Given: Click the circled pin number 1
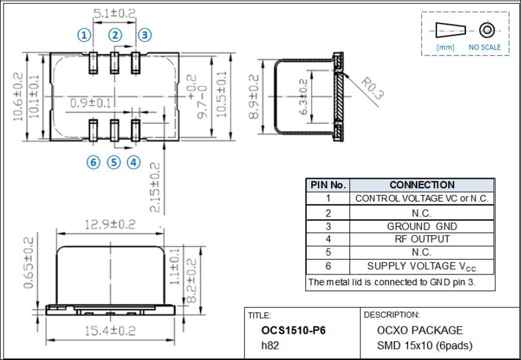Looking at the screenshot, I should pos(85,35).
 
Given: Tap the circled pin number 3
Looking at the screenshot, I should pos(145,35).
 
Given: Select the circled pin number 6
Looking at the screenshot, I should pos(93,162).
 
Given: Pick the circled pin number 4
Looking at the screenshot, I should pos(134,162).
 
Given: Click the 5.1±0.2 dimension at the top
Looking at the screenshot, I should pos(114,13).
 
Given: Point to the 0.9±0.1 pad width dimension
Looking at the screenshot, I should pos(90,103).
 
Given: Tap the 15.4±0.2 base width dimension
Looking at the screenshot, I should pos(110,330).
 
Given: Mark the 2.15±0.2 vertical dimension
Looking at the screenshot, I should pos(155,187).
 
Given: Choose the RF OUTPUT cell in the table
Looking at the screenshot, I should pos(422,239).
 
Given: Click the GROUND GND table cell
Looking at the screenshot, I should pos(422,226).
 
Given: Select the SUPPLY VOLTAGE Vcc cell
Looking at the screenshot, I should pos(422,266).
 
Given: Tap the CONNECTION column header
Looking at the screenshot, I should pos(422,185).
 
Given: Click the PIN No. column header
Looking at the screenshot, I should pos(328,185).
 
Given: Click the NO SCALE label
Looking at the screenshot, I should pos(485,47).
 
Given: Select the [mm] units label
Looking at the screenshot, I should pos(445,47).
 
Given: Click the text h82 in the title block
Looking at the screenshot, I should pos(271,345).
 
